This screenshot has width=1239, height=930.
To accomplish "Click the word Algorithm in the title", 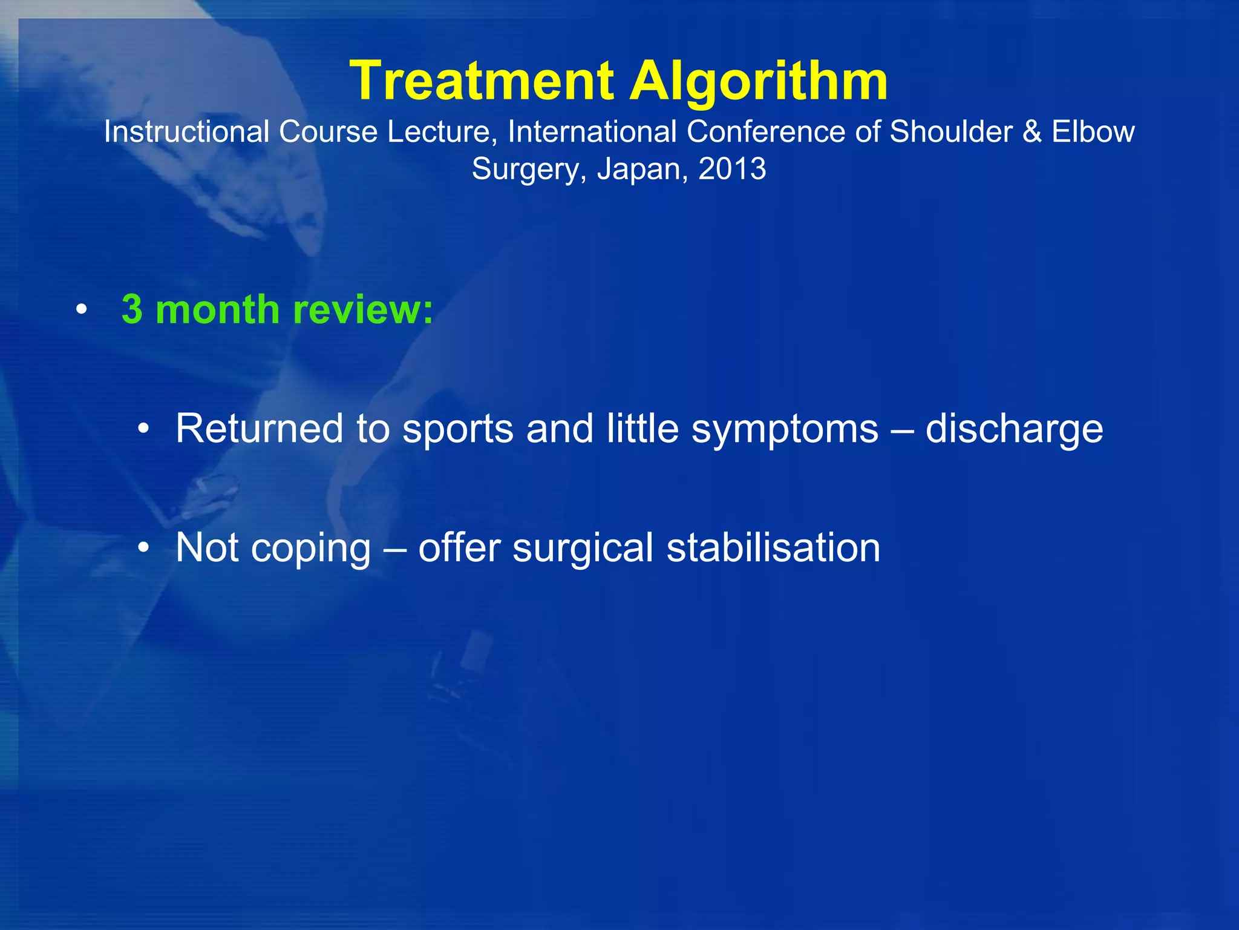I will click(x=759, y=82).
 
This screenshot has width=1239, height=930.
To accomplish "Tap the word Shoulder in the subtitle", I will click(x=951, y=131).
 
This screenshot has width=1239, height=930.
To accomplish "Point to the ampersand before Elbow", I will click(x=1032, y=131).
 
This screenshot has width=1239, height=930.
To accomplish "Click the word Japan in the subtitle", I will click(x=642, y=168).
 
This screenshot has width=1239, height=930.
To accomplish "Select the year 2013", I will click(x=732, y=168).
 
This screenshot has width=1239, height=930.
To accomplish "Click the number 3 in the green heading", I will click(x=132, y=309).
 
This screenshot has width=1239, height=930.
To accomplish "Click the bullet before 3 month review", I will click(x=82, y=311).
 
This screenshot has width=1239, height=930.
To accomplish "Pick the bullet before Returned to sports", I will click(x=143, y=429).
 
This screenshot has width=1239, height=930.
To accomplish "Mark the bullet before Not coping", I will click(x=143, y=548).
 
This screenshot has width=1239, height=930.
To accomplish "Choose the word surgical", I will click(x=583, y=548).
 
